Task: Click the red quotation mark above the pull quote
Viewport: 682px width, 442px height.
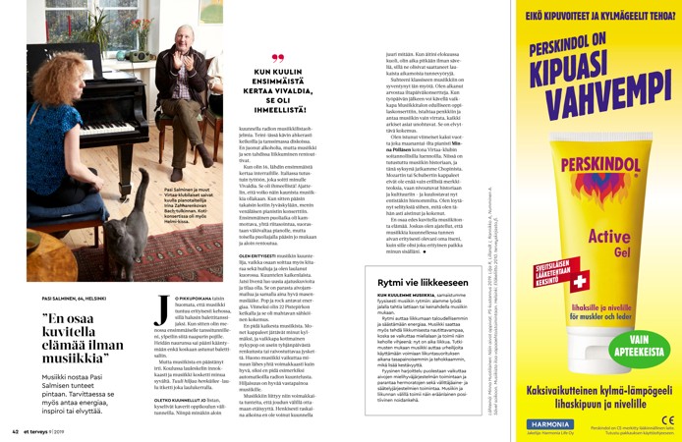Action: click(276, 58)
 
